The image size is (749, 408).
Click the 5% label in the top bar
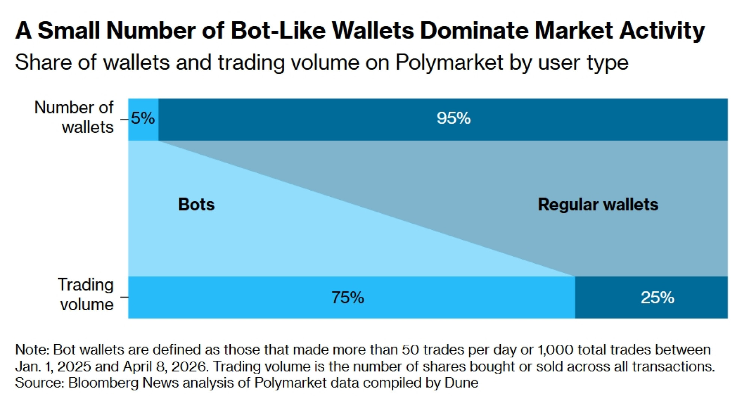click(143, 118)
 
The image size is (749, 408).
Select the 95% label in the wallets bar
click(454, 118)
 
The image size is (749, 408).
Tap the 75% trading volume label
click(348, 298)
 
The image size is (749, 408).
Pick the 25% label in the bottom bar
click(657, 298)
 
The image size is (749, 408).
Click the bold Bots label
click(196, 205)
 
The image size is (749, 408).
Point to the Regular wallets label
click(598, 205)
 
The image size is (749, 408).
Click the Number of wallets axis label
click(74, 117)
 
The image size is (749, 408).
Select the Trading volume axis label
click(86, 295)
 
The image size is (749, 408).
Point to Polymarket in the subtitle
click(449, 62)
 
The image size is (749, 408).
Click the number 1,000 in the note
click(555, 350)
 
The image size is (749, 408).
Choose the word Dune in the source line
click(461, 383)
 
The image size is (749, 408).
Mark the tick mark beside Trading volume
click(124, 297)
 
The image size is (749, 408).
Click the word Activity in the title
click(662, 30)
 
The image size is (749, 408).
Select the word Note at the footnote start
click(31, 350)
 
